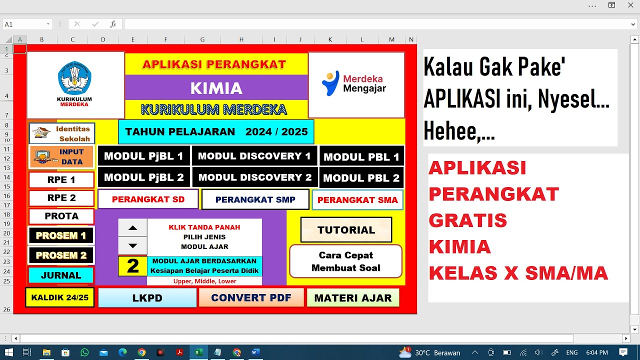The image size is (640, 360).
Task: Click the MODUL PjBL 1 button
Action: pos(143,156)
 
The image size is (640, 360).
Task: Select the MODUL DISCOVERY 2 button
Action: pos(254,177)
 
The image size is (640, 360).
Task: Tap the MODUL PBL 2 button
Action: pos(361,178)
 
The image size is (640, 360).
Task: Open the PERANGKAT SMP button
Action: pos(255,199)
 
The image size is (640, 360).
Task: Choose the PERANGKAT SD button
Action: pos(148,199)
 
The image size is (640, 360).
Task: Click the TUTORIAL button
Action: pos(346,230)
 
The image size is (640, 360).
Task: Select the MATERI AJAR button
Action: pos(352,298)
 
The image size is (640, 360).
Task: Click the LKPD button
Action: pos(147,298)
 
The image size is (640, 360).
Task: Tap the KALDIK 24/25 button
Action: pos(59,297)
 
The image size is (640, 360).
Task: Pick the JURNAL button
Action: pos(61,275)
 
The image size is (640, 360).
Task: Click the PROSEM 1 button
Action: pos(61,235)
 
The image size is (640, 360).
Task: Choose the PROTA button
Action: pos(61,216)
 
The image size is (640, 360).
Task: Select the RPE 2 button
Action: pos(61,198)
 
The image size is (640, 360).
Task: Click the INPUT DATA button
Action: pos(61,156)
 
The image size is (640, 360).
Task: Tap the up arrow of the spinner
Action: pos(132,227)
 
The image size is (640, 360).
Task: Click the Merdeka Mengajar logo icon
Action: pos(330,83)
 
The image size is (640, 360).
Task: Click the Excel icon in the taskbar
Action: pos(198,352)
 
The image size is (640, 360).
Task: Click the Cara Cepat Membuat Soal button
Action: pos(345,261)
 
